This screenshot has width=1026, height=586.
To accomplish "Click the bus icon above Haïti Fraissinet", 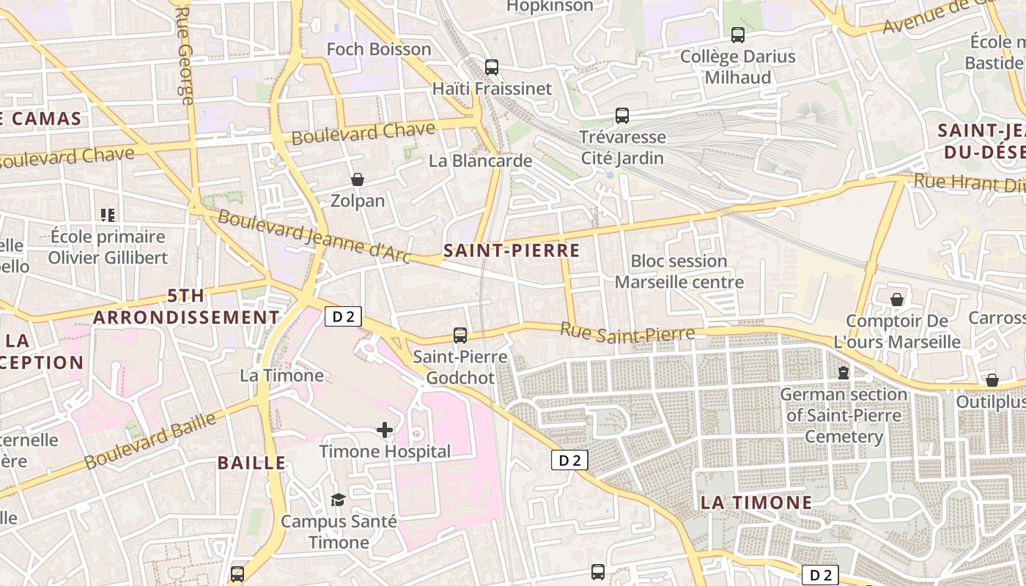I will (x=492, y=67).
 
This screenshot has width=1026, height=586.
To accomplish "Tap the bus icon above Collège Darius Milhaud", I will (x=738, y=35).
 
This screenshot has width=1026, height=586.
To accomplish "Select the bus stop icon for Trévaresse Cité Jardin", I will (x=622, y=116).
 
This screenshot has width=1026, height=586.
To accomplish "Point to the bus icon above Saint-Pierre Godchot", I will (x=460, y=335).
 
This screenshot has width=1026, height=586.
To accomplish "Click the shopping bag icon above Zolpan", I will (x=358, y=179).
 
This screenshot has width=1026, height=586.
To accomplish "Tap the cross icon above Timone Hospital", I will (x=385, y=430).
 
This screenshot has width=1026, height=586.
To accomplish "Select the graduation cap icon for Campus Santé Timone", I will (x=338, y=500).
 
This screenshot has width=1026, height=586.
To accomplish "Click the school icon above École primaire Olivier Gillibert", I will (x=108, y=215).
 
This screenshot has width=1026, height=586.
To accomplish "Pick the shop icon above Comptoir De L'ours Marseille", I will (x=897, y=300).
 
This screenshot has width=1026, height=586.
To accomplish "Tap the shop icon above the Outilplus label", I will (x=992, y=380).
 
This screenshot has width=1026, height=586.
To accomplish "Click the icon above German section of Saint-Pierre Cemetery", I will (x=844, y=373).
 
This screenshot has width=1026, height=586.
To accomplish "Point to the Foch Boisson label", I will (x=379, y=49).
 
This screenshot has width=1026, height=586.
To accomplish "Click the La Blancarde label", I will (x=481, y=160).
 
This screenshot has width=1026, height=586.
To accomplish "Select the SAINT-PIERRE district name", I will (x=512, y=251).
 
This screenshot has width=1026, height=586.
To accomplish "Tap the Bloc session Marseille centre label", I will (x=679, y=272).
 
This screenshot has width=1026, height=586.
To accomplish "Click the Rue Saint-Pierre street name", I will (x=627, y=333).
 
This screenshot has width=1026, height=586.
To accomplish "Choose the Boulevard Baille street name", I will (x=150, y=441).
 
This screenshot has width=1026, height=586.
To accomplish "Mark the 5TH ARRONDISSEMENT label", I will (x=186, y=307).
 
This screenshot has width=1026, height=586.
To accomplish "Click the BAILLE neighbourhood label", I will (x=251, y=463).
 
